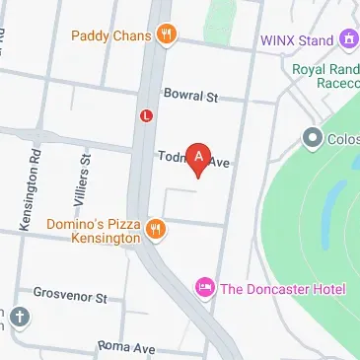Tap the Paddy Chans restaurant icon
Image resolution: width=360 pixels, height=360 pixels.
[x=168, y=36]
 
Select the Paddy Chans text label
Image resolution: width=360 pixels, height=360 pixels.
[x=111, y=36]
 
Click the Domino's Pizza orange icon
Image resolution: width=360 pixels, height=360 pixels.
[x=155, y=230]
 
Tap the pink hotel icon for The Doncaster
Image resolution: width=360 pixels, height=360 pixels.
[x=205, y=287]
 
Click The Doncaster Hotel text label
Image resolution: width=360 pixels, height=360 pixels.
[x=283, y=288]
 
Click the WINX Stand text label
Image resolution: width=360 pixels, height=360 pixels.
[x=297, y=40]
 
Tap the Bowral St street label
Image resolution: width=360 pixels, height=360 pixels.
[x=190, y=97]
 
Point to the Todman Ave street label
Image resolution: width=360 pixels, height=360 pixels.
[x=193, y=158]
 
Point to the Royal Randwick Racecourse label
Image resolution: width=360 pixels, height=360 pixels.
[x=325, y=78]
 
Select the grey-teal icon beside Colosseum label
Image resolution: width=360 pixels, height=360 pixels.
[x=314, y=137]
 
